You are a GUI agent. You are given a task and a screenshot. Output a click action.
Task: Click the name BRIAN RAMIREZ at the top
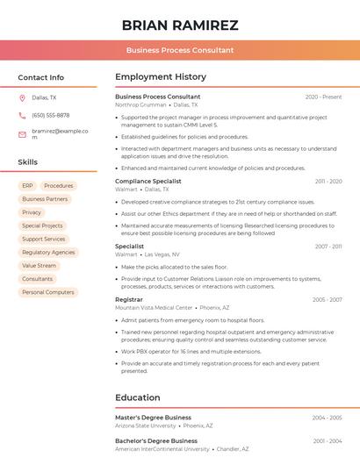pos(180,25)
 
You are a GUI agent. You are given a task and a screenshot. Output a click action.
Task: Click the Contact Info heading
pos(40,77)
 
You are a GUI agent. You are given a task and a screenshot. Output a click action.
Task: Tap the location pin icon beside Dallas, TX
pos(22,97)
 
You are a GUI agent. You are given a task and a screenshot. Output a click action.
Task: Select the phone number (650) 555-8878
pos(50,115)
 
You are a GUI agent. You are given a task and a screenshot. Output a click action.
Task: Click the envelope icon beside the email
pos(22,134)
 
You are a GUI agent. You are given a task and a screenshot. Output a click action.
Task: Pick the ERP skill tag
pos(27,186)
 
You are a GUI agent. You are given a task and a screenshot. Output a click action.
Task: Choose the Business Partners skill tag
pos(45,199)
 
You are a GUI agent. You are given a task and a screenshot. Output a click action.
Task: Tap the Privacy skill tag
pos(32,212)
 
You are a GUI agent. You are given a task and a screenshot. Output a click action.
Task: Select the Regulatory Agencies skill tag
pos(48,252)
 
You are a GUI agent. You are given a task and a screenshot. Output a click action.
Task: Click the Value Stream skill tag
pos(39,265)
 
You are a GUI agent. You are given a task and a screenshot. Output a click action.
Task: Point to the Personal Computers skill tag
pos(47,292)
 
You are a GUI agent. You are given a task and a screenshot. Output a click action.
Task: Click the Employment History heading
pos(161,77)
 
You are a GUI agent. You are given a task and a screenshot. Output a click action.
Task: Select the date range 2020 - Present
pos(323,97)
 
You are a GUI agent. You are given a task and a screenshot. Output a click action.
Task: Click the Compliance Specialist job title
pos(148,181)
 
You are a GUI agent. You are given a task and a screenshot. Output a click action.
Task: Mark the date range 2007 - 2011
pos(328,247)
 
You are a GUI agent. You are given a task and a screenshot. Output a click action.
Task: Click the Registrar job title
pos(128,299)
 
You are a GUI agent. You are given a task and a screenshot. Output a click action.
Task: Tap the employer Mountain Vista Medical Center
pos(154,308)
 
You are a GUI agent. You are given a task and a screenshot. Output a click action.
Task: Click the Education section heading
pos(137,397)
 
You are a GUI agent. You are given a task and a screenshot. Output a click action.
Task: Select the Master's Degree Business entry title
pos(153,417)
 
